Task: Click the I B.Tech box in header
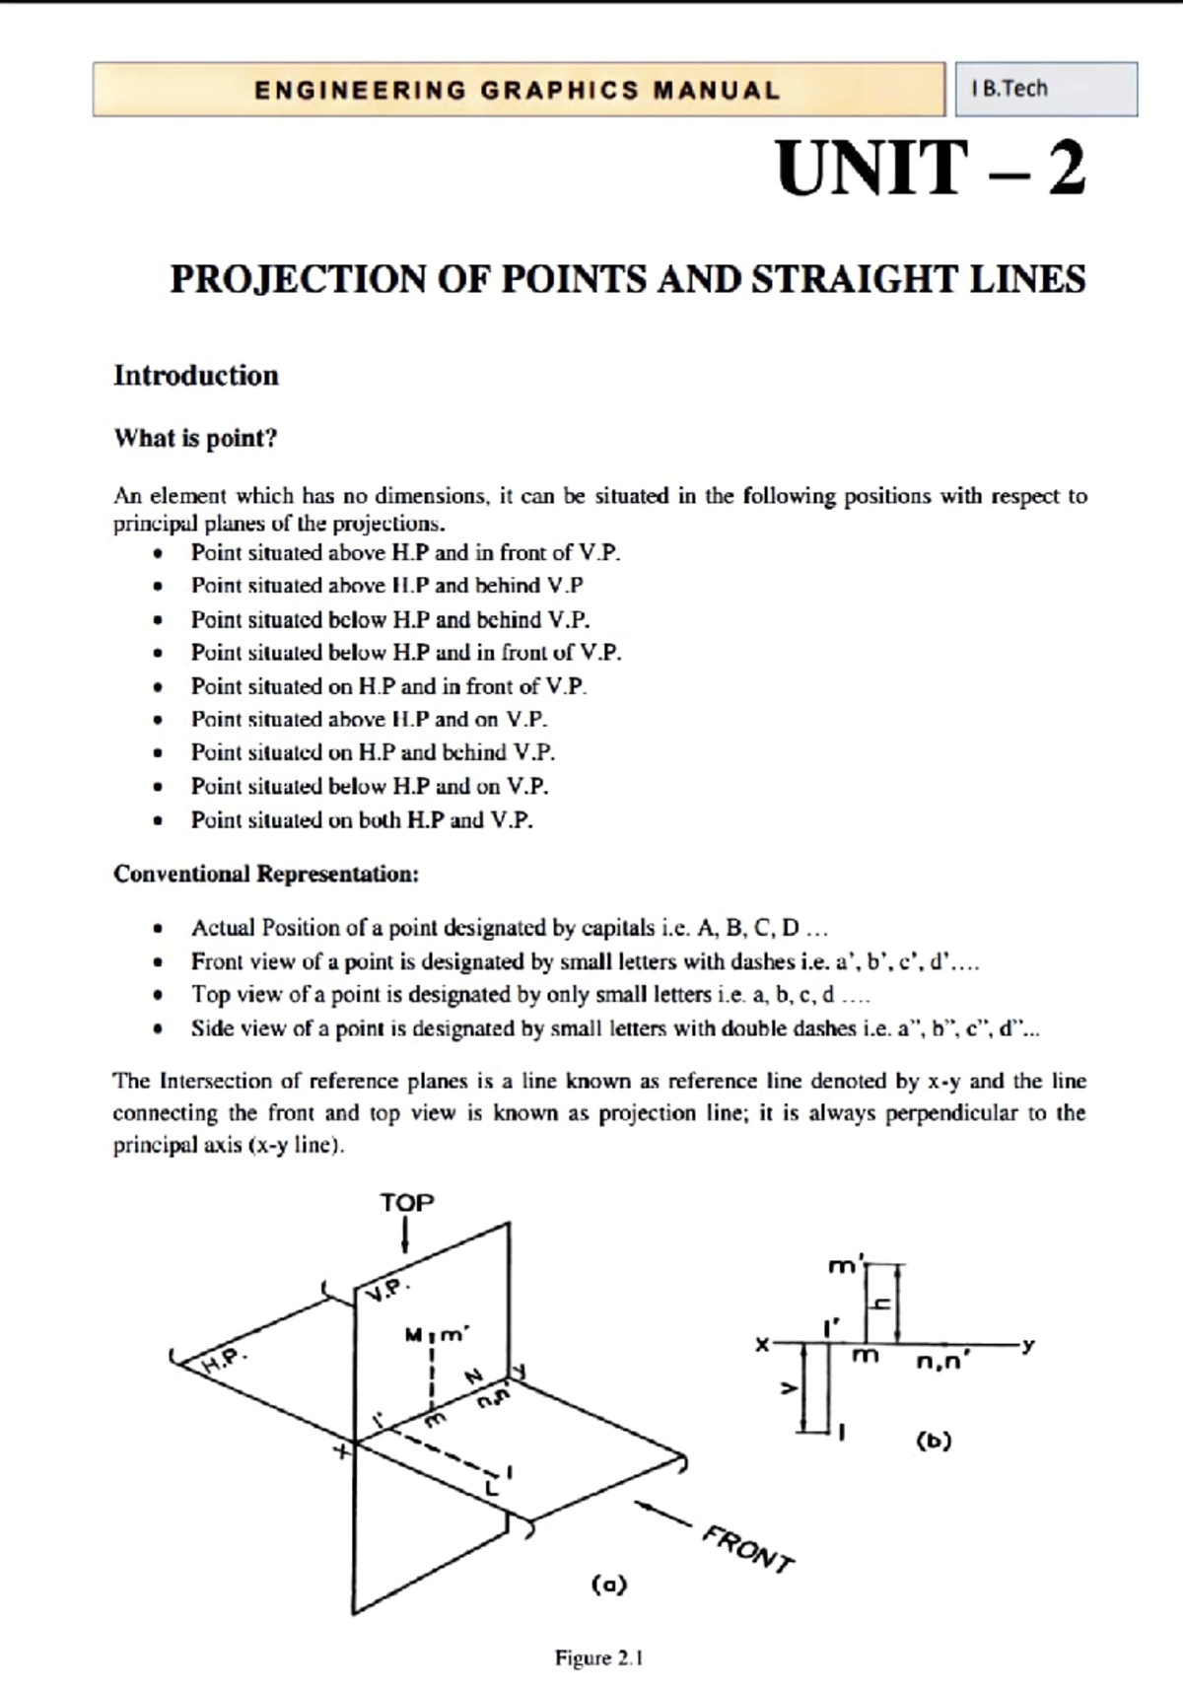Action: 1045,89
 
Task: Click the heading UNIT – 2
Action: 931,169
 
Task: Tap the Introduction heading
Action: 196,376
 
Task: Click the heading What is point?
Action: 195,438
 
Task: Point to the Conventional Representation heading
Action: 266,874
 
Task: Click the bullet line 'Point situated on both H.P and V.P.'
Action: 362,819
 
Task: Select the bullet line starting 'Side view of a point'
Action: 615,1028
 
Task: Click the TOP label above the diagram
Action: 406,1203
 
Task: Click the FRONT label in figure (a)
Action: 746,1549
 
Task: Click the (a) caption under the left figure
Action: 609,1585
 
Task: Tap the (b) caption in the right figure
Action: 934,1441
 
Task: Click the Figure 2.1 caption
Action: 598,1658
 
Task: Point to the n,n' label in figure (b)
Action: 942,1363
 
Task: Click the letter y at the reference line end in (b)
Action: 1028,1344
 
